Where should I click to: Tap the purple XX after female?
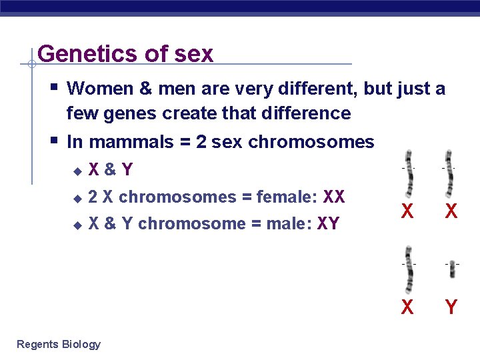(334, 197)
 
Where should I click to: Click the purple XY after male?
(329, 223)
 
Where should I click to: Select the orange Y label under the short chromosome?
(451, 307)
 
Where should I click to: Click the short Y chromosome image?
(452, 269)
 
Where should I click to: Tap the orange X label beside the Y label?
(407, 307)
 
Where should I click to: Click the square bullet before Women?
(53, 87)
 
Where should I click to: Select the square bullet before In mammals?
(53, 141)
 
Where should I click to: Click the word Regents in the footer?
(37, 344)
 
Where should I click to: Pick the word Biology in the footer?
(81, 344)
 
